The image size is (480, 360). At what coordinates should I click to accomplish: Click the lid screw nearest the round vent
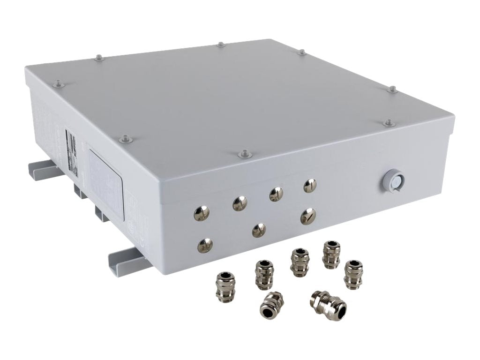tap(388, 123)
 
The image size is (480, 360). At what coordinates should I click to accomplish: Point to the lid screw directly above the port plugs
tap(243, 154)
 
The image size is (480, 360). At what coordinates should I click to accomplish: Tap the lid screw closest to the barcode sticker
tap(124, 139)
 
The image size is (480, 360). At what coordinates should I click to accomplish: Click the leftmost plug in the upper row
tap(202, 213)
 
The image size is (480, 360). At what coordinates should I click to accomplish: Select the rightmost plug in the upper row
tap(310, 186)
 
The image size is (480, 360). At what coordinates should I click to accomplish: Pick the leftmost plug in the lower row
tap(205, 244)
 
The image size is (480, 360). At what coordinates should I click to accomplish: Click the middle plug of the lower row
tap(259, 230)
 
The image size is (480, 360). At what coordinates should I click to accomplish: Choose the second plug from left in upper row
tap(240, 203)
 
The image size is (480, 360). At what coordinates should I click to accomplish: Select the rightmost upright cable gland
tap(353, 275)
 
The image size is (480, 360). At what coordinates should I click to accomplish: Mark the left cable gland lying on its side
tap(270, 304)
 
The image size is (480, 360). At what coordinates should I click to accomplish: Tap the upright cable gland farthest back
tap(331, 254)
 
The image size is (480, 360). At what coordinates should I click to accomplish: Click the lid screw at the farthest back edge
tap(220, 45)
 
